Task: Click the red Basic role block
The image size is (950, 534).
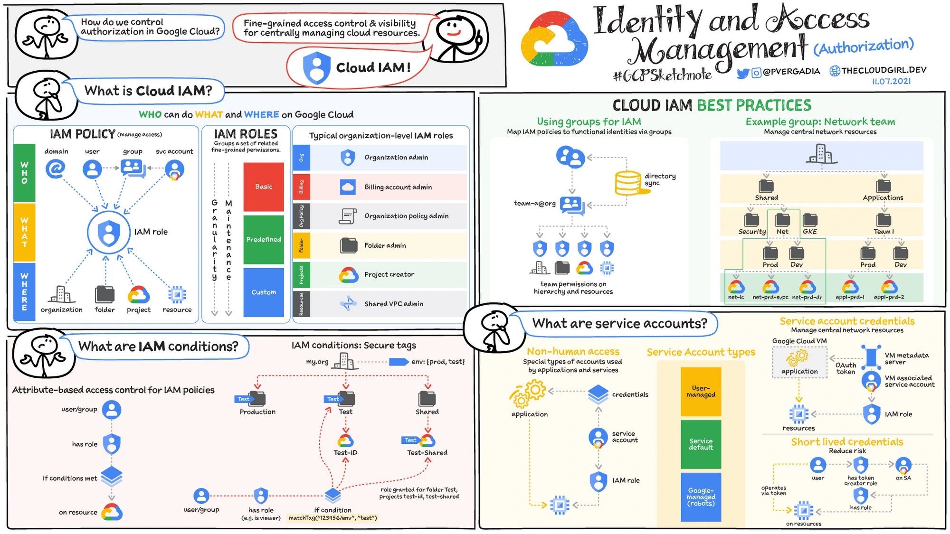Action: pos(264,187)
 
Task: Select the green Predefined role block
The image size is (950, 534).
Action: pos(264,239)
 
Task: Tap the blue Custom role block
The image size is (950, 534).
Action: pos(264,292)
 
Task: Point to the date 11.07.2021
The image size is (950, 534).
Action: pos(891,81)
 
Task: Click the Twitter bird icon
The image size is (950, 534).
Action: pos(743,73)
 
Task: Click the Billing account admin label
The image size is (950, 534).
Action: pos(398,187)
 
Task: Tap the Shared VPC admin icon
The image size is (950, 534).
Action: pos(348,304)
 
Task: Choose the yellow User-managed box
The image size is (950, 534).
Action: pos(701,392)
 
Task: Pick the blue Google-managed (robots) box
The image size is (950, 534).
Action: pos(701,497)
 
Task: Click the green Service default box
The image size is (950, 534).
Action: pos(701,444)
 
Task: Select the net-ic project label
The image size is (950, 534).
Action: pos(736,298)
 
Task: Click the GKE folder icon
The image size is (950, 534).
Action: pos(810,220)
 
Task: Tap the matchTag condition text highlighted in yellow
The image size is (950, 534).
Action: pos(332,518)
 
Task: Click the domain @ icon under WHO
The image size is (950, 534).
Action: pos(56,169)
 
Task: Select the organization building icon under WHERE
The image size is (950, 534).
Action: pos(61,294)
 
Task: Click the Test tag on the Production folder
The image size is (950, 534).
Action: pos(243,399)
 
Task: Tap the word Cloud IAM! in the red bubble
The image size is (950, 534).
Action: pos(373,68)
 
